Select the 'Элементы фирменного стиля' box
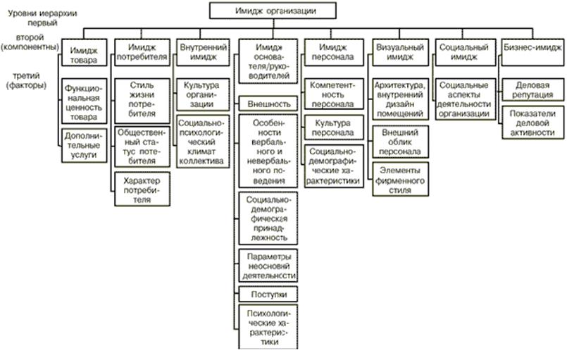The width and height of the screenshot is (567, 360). [399, 180]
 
